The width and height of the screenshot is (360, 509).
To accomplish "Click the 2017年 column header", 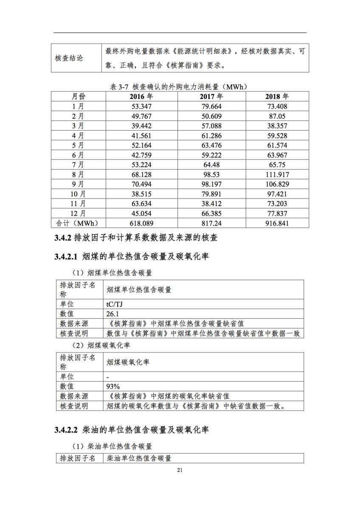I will point(211,97).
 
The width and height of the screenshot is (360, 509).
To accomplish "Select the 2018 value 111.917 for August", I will point(277,174).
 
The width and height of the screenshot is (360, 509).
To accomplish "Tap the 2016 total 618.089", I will point(142,223).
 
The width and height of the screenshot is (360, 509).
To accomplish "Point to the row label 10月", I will point(78,194).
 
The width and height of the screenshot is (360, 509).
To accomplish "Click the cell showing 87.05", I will point(277,116).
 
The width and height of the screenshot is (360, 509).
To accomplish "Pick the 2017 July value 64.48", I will point(211,165).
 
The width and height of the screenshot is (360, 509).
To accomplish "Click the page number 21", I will point(180,470).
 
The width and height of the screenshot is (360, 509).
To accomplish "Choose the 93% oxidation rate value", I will point(113,386).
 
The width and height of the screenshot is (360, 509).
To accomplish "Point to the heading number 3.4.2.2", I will point(66,430).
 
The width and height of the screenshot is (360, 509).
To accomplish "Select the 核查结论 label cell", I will point(69,58).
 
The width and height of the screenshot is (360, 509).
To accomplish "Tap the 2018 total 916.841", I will point(277,223).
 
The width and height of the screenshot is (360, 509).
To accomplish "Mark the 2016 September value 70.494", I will point(142,184).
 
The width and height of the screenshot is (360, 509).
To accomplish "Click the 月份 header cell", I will point(78,97).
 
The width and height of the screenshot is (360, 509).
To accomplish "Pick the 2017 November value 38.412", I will point(211,204).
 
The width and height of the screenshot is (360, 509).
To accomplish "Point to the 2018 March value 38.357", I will point(277,126).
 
